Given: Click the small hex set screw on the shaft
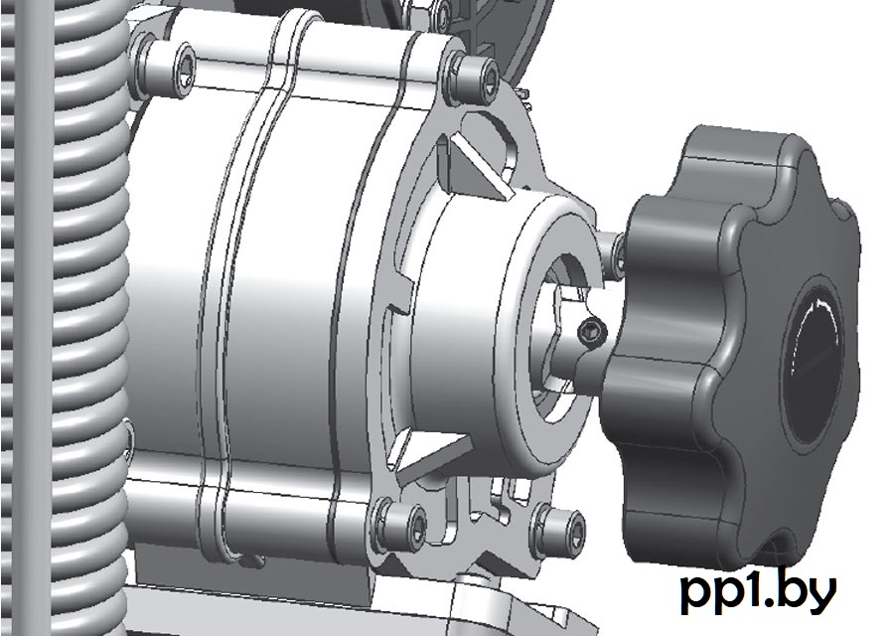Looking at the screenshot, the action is coord(591,331).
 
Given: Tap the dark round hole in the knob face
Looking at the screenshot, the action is coord(813,361).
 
